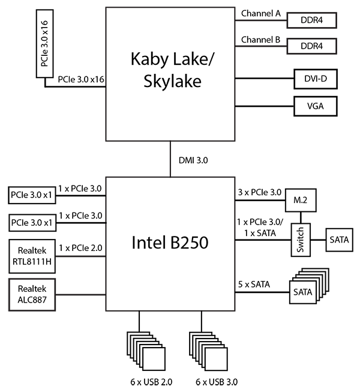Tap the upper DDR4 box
coord(311,20)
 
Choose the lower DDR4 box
coord(311,46)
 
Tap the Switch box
coord(301,240)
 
